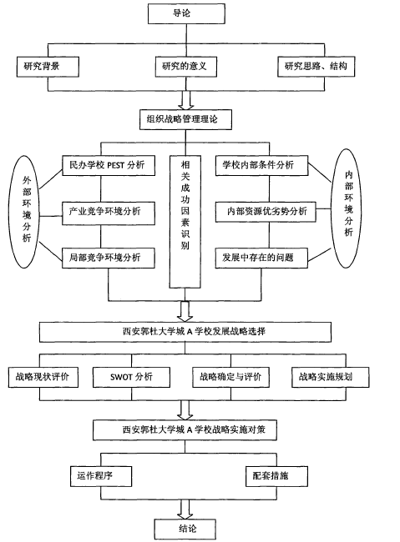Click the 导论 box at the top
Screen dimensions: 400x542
click(186, 14)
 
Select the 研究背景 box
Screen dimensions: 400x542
click(48, 67)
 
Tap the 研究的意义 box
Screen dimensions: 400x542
click(185, 67)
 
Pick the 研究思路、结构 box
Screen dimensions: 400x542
click(316, 67)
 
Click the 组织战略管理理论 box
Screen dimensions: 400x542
click(185, 119)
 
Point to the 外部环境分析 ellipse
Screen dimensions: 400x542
click(24, 212)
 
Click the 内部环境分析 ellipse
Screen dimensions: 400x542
click(347, 208)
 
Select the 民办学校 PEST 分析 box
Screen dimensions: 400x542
click(109, 166)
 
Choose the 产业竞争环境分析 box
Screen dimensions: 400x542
click(109, 212)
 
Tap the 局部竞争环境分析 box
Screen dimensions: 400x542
click(109, 258)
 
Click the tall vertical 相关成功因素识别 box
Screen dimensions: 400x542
click(185, 222)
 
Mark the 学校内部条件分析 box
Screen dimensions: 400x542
click(262, 166)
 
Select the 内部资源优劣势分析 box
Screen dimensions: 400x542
click(266, 212)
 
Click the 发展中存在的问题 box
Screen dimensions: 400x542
click(261, 258)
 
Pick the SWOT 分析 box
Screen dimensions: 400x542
click(132, 377)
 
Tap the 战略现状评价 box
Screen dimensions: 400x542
click(43, 377)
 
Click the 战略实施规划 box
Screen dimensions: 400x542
click(331, 377)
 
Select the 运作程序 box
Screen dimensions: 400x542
click(101, 476)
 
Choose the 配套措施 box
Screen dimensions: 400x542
click(276, 476)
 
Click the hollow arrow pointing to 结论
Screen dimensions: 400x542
click(185, 509)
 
